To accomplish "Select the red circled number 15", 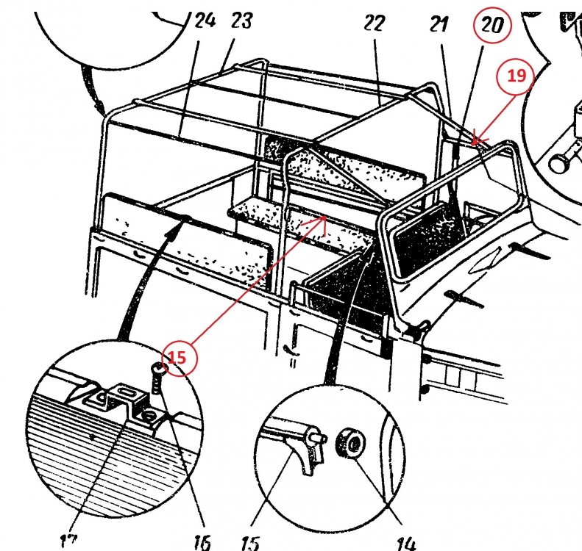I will [177, 358].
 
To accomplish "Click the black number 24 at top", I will [204, 20].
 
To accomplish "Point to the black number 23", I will [241, 20].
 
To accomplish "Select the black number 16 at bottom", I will [200, 542].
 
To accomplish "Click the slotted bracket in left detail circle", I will [121, 404].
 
